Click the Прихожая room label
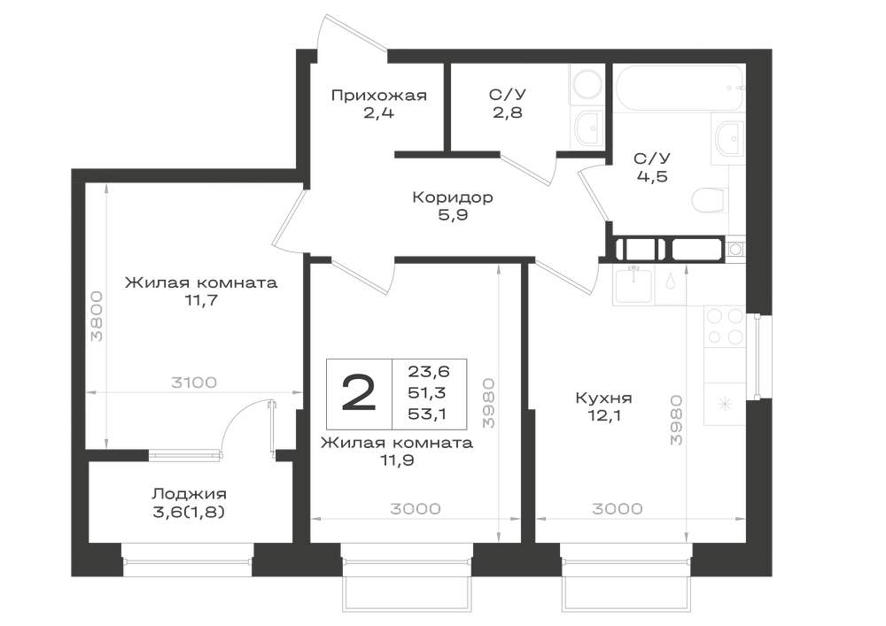tap(378, 96)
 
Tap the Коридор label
tap(453, 197)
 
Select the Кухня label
tap(603, 398)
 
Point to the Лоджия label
tap(189, 494)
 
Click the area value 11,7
tap(201, 300)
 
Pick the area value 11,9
tap(397, 460)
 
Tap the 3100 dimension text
tap(194, 383)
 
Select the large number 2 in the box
tap(359, 393)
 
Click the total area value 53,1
tap(428, 414)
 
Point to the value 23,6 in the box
tap(428, 371)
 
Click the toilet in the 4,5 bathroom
tap(708, 200)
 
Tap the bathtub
tap(680, 88)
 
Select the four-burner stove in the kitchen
tap(725, 326)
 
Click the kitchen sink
tap(633, 287)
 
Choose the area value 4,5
tap(652, 177)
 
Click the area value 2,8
tap(507, 113)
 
